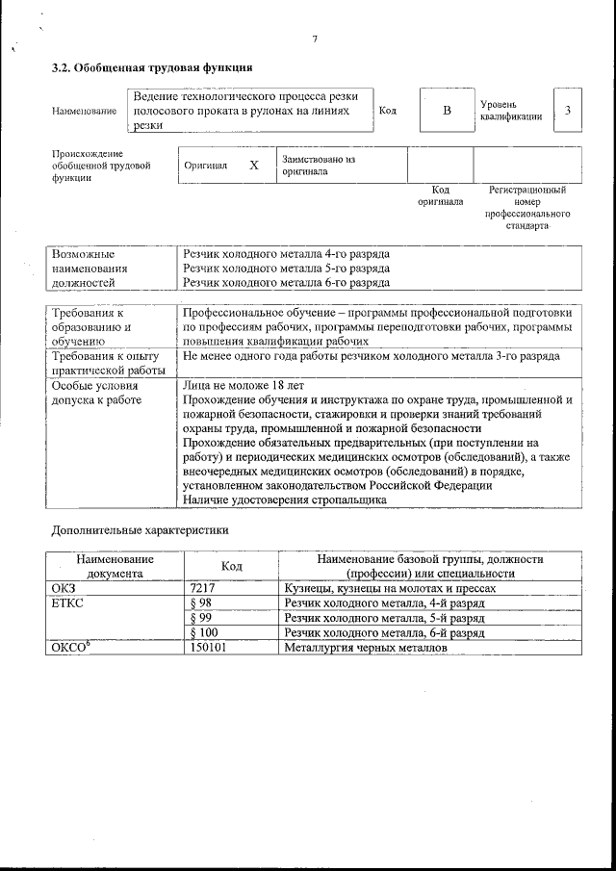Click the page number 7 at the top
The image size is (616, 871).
click(315, 39)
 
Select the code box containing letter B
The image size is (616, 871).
click(446, 111)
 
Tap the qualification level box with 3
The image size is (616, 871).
click(568, 111)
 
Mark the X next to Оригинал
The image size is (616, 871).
click(254, 166)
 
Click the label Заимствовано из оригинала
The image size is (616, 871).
click(319, 165)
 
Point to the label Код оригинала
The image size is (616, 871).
click(440, 196)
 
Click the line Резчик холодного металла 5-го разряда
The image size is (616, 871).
click(286, 269)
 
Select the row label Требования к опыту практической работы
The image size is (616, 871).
click(105, 363)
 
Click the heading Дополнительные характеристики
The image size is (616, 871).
click(140, 530)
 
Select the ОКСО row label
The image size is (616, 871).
click(70, 650)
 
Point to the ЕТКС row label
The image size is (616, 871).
click(67, 603)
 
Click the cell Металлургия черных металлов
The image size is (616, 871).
click(365, 650)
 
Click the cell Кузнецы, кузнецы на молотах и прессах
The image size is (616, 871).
click(390, 588)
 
